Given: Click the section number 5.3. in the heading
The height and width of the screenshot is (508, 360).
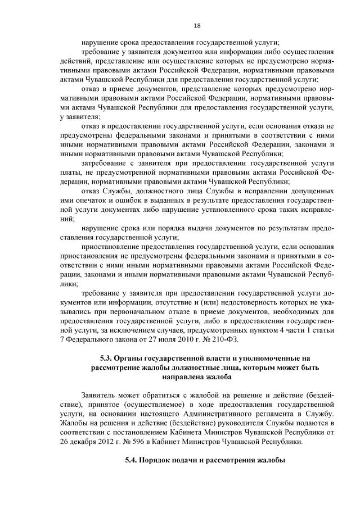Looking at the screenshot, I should click(x=106, y=358).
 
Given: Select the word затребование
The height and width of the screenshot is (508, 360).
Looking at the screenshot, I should click(x=105, y=162).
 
